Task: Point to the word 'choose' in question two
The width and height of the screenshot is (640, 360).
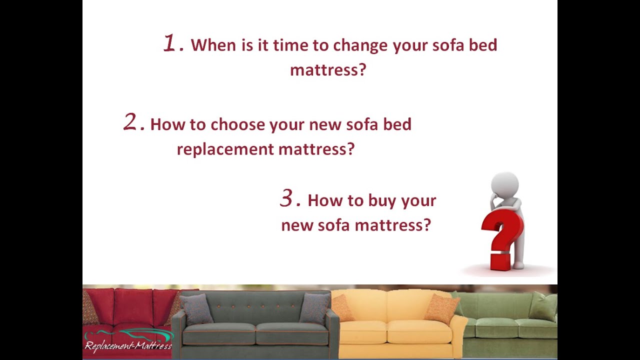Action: tap(237, 124)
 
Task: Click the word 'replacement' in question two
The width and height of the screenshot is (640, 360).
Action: tap(225, 149)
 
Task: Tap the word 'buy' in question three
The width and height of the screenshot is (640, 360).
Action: tap(381, 201)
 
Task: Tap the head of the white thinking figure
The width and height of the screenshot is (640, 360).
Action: tap(505, 184)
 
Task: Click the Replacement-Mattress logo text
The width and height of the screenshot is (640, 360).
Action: tap(128, 345)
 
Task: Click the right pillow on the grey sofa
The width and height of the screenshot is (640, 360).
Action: tap(314, 307)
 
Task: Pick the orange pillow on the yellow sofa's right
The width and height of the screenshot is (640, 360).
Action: tap(441, 308)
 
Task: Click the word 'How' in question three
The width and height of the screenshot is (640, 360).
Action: tap(323, 200)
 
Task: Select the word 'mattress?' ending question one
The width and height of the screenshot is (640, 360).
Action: tap(328, 69)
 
